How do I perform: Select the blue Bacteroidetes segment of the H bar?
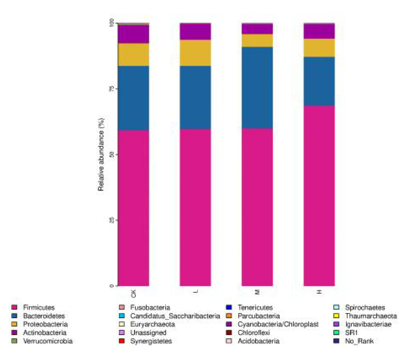pos(319,81)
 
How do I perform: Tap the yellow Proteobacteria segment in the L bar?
pos(195,53)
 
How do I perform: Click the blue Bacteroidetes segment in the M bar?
pos(257,87)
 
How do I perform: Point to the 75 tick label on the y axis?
pos(111,89)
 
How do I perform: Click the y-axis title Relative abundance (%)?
pos(101,155)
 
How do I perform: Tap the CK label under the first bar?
pos(133,292)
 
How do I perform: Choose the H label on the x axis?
pos(319,292)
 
